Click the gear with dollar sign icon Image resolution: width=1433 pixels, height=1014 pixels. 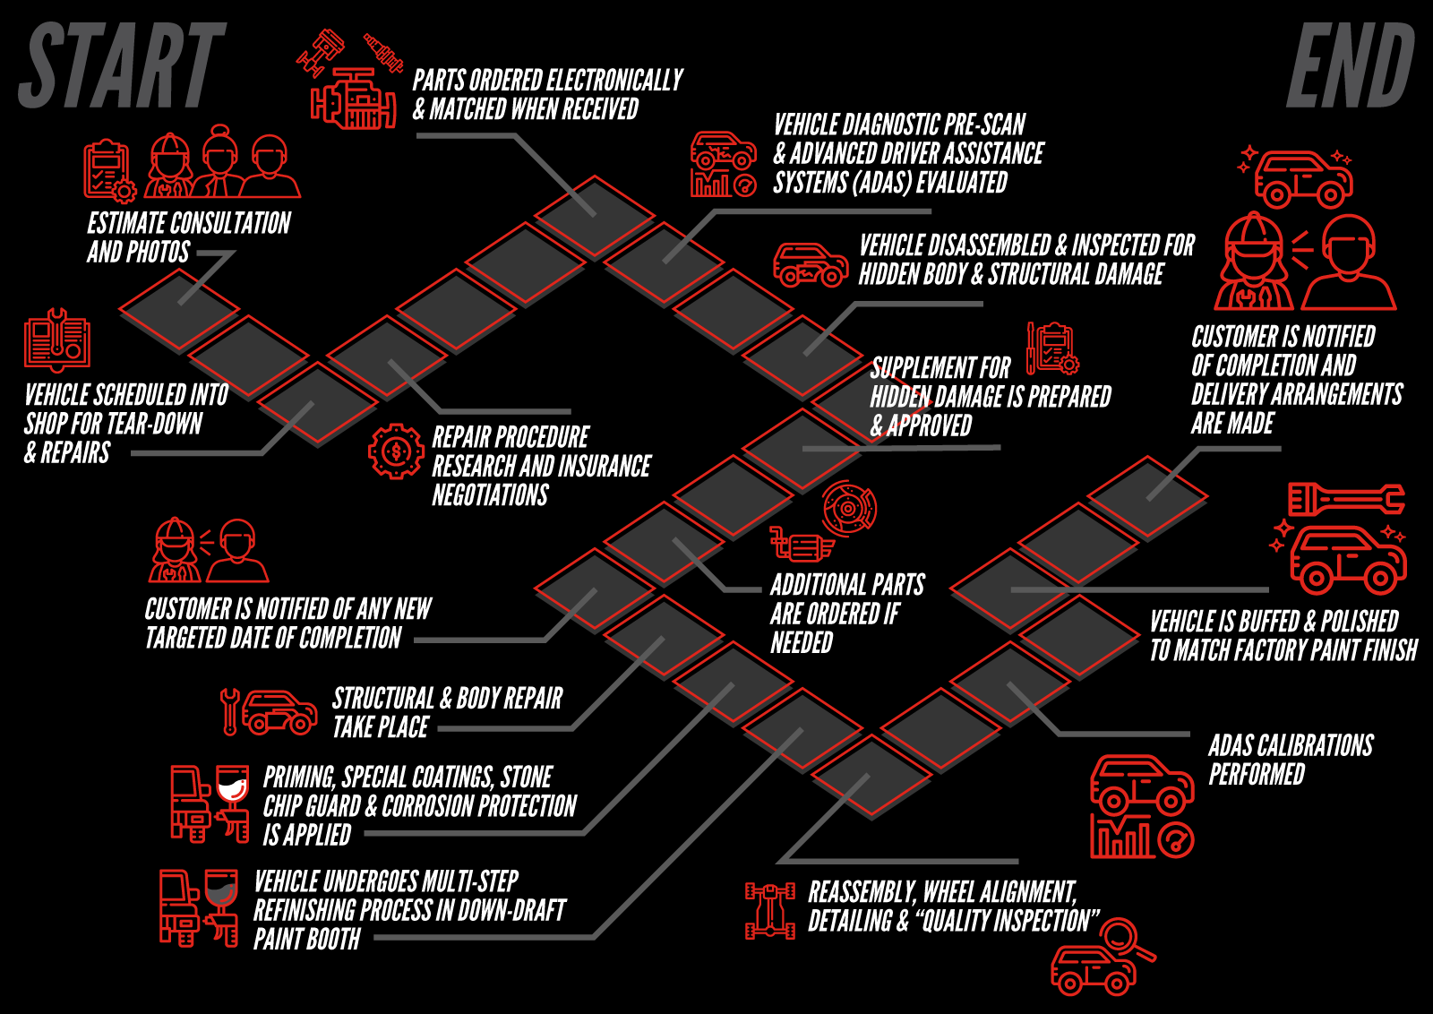[x=396, y=451]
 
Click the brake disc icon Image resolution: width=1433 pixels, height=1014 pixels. [x=849, y=508]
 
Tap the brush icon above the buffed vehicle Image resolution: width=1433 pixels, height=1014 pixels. [x=1346, y=500]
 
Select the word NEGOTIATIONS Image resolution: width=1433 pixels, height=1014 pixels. [x=490, y=495]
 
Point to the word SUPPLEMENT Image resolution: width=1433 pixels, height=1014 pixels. [x=940, y=368]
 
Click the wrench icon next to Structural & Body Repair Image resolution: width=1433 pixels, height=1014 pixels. [x=229, y=711]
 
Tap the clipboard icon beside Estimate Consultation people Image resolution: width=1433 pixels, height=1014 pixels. [x=109, y=172]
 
